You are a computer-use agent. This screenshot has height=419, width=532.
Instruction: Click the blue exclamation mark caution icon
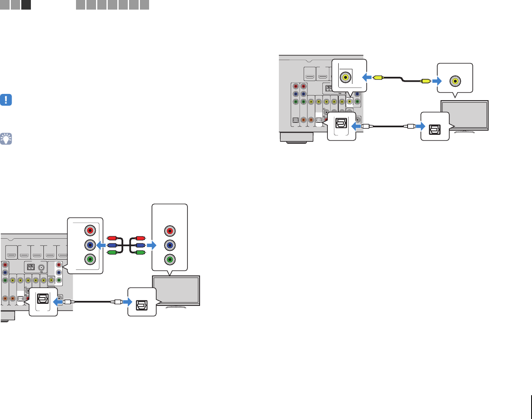pos(6,100)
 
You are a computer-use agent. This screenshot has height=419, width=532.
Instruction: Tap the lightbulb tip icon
pos(6,139)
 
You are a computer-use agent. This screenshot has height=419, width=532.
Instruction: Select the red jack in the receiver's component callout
pos(90,230)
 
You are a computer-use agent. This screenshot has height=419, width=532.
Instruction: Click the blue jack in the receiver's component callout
pos(90,245)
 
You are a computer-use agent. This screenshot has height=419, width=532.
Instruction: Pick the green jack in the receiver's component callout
pos(90,259)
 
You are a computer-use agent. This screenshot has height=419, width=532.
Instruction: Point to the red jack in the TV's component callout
pos(169,231)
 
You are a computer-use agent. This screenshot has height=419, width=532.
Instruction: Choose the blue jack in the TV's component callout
pos(169,245)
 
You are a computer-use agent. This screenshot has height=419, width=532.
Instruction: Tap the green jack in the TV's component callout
pos(169,259)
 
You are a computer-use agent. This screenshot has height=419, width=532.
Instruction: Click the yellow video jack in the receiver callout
pos(346,77)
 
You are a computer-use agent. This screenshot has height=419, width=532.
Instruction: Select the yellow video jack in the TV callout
pos(454,81)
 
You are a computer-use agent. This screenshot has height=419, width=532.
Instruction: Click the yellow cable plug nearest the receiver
pos(378,77)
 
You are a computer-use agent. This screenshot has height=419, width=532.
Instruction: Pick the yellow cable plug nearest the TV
pos(426,81)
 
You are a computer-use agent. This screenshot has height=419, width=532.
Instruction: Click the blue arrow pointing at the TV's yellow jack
pos(437,81)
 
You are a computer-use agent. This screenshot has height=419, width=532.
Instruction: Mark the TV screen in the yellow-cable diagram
pos(465,115)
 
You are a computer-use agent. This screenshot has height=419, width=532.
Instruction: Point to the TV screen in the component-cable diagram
pos(176,290)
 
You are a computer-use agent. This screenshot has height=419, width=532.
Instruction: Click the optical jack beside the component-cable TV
pos(142,302)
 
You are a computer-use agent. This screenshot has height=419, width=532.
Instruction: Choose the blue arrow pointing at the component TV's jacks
pos(152,245)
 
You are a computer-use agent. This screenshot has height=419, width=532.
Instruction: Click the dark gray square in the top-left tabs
pos(26,5)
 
